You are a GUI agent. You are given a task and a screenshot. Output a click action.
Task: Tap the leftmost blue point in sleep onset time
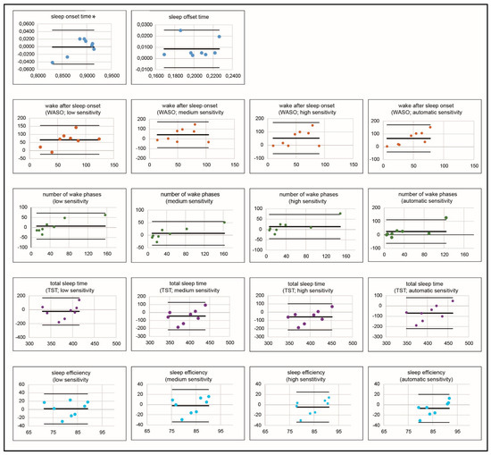[x=53, y=63]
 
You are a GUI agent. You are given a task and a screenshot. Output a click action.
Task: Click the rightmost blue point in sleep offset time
[x=219, y=37]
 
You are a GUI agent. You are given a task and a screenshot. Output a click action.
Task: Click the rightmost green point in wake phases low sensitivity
[x=105, y=215]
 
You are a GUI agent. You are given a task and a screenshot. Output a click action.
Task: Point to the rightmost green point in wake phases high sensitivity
[x=339, y=214]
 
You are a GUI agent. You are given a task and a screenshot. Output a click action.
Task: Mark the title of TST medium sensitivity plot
[x=183, y=287]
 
